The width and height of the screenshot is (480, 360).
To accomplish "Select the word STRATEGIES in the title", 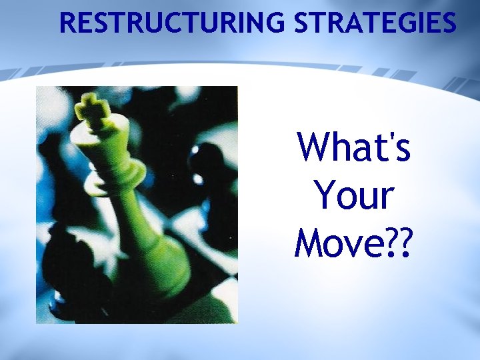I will point(375,23).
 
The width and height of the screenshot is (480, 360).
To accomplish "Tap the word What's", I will point(354,147).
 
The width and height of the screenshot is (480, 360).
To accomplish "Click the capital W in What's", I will point(314,147).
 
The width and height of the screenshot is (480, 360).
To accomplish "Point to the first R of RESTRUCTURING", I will point(67,23).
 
